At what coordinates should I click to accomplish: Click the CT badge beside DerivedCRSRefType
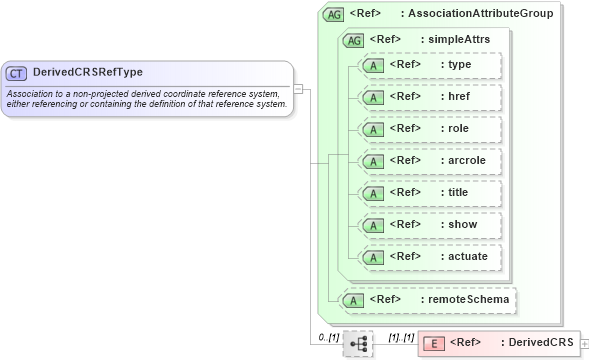click(17, 73)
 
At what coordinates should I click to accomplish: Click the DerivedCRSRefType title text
click(87, 73)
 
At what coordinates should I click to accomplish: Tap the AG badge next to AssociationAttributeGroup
click(334, 15)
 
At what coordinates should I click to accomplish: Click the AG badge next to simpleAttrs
click(353, 40)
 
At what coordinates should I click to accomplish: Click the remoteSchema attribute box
click(430, 298)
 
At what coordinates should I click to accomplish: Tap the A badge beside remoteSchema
click(353, 299)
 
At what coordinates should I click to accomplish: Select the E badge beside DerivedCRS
click(435, 344)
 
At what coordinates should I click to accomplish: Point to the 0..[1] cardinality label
click(328, 337)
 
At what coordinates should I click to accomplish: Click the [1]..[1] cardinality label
click(401, 337)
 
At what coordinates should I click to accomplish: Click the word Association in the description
click(32, 94)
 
